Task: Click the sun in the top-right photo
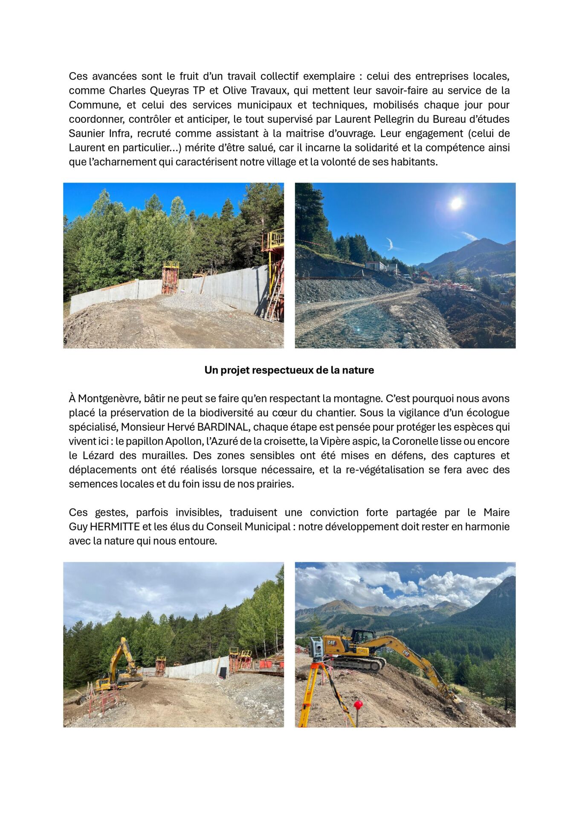(x=456, y=203)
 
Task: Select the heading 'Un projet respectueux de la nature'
(x=289, y=370)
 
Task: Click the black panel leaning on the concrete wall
(x=223, y=673)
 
